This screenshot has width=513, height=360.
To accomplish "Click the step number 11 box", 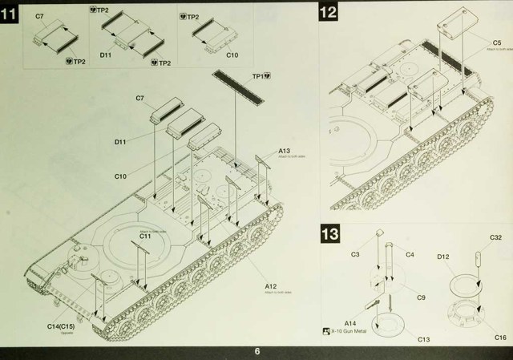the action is [12, 14].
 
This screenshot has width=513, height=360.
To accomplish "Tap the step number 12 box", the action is [327, 13].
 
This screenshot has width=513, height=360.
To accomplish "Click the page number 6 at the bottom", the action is [256, 351].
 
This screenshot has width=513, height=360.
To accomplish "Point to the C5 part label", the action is [496, 42].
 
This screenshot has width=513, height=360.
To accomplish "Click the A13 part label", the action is [285, 151].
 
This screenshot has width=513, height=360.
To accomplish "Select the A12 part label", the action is [271, 286].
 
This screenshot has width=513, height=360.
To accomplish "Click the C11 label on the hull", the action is [145, 237].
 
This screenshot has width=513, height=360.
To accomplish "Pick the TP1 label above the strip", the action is [260, 76].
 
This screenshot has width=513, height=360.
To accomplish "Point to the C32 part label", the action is [495, 238].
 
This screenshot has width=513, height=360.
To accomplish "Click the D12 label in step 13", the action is [442, 256].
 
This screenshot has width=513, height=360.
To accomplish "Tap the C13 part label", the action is [423, 339].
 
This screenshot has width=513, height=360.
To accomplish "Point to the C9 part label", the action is [421, 297].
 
